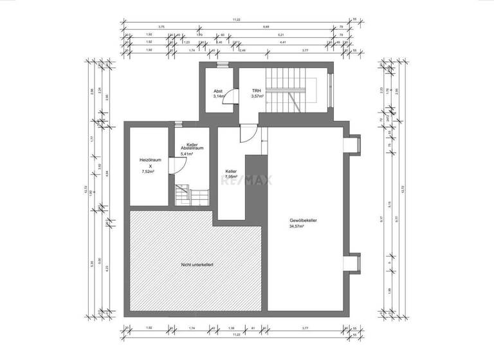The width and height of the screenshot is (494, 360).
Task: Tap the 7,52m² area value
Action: pyautogui.click(x=149, y=172)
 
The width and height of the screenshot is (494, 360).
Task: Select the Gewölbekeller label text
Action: pyautogui.click(x=303, y=221)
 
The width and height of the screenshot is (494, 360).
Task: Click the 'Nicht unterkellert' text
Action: pyautogui.click(x=197, y=264)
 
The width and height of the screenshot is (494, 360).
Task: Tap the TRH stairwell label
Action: pyautogui.click(x=256, y=91)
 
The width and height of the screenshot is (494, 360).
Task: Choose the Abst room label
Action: pyautogui.click(x=219, y=91)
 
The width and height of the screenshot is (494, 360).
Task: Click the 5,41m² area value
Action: pyautogui.click(x=188, y=154)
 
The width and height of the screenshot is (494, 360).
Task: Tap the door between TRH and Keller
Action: pyautogui.click(x=246, y=134)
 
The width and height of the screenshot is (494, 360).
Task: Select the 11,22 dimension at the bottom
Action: pyautogui.click(x=237, y=334)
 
